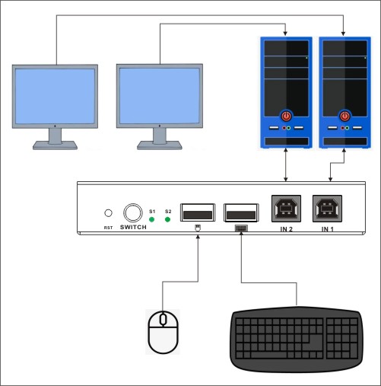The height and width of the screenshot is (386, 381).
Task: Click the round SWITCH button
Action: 133,213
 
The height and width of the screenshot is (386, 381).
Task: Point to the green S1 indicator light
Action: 151,219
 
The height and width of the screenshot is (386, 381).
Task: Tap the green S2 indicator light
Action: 167,219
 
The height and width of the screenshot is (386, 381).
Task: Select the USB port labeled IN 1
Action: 327,209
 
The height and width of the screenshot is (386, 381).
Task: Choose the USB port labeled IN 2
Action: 286,209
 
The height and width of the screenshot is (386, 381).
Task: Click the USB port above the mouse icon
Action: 198,212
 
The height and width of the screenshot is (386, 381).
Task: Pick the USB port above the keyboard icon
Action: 241,212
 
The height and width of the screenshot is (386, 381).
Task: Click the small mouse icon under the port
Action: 198,228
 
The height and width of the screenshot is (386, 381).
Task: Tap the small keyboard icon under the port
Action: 241,228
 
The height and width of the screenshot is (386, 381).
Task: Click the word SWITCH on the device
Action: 133,227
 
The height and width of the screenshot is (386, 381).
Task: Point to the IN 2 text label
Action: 287,229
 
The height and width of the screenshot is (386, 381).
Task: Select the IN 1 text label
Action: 328,229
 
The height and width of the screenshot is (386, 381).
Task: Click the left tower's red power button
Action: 286,116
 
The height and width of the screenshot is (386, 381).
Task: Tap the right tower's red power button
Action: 344,116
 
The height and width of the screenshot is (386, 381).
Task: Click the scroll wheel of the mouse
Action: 163,319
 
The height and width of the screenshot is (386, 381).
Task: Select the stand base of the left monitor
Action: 55,145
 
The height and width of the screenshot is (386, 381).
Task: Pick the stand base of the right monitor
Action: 160,145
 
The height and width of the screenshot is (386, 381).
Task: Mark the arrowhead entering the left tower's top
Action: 285,33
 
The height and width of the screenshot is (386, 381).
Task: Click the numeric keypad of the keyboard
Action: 342,338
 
